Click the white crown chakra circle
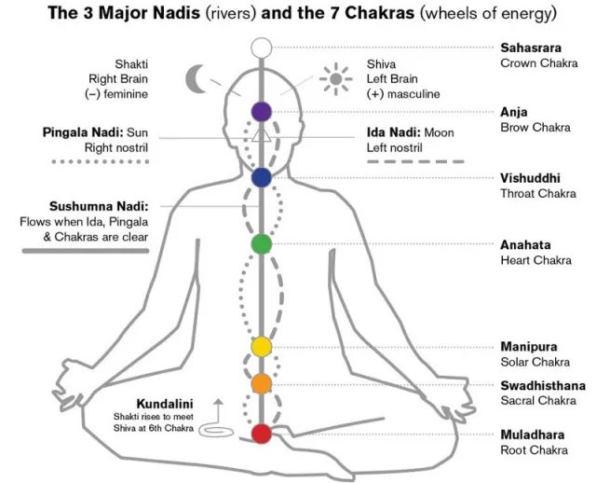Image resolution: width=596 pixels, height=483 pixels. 262,46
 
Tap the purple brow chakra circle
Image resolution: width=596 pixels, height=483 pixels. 262,112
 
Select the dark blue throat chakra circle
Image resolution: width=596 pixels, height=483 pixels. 262,177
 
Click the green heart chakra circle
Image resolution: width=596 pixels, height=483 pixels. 262,243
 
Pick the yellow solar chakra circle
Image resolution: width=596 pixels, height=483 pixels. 262,348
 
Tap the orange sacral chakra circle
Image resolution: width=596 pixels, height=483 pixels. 262,382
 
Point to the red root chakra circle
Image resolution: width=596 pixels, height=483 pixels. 262,434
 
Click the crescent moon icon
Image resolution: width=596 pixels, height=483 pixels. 197,78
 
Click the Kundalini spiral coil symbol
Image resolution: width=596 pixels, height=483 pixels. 219,432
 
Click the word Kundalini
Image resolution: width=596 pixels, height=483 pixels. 165,404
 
